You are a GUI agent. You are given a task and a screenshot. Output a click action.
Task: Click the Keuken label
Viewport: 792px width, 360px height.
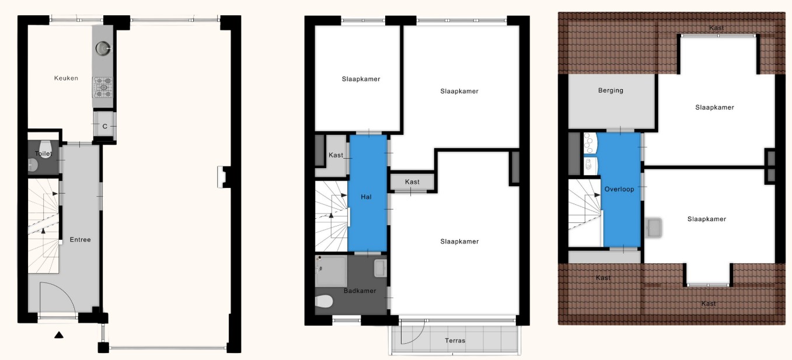(66, 78)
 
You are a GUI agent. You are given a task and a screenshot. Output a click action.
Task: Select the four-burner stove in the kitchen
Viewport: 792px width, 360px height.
(103, 88)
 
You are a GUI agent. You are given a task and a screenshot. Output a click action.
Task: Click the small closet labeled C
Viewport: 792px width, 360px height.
(104, 127)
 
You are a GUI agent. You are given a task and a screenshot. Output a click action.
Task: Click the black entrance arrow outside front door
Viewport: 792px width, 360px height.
(58, 335)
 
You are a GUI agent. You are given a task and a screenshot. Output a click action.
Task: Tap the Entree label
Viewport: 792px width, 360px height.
(80, 239)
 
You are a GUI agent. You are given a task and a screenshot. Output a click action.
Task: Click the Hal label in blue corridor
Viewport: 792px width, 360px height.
(367, 197)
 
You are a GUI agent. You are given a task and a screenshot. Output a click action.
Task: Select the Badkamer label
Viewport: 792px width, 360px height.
(360, 291)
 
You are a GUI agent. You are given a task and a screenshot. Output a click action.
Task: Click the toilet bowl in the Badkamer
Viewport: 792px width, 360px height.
(323, 301)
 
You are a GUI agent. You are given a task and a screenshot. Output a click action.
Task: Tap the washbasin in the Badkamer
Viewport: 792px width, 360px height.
(380, 268)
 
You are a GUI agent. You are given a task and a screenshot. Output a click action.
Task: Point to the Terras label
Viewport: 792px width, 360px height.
(455, 341)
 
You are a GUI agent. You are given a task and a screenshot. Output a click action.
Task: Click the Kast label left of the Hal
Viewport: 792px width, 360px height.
(336, 155)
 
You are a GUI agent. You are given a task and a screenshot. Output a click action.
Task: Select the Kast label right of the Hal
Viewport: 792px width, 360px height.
(412, 182)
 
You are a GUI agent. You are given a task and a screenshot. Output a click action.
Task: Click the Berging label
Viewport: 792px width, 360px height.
(610, 90)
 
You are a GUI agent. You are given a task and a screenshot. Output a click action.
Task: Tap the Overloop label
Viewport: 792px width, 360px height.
(619, 189)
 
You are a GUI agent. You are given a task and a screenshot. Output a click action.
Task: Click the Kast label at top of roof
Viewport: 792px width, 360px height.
(717, 28)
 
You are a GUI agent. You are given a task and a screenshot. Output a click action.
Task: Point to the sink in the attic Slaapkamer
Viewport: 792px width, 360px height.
(654, 226)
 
